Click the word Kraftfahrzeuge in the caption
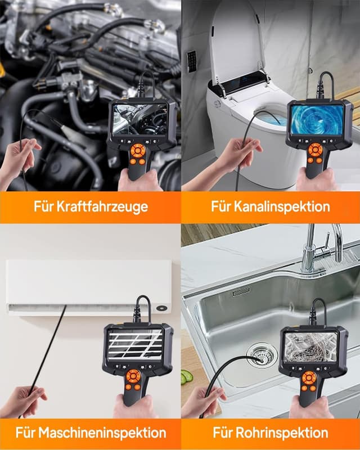pos(105,206)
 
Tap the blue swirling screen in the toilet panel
pos(317,120)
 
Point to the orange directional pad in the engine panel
pos(138,152)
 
